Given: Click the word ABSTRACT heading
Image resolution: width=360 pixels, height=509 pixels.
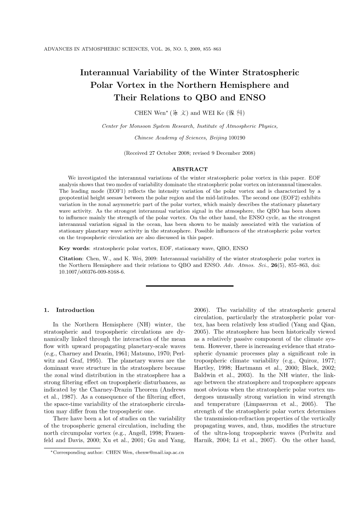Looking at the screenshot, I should tap(190, 169).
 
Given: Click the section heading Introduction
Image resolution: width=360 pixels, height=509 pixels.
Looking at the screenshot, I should tap(75, 310).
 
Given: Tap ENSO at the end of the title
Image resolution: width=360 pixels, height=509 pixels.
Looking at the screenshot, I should tap(253, 98).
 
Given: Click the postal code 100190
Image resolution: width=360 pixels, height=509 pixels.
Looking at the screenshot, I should tap(237, 138).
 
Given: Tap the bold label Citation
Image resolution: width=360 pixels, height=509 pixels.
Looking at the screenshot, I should tap(70, 259).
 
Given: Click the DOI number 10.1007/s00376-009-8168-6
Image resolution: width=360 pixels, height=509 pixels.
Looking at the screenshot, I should tap(92, 272).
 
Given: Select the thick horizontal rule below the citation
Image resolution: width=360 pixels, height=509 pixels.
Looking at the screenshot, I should tap(190, 286).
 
